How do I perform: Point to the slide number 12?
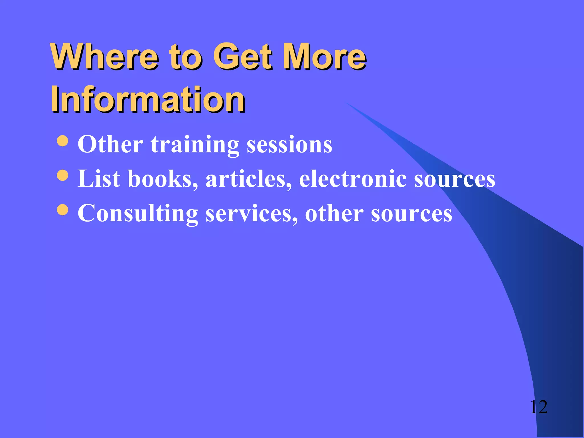pos(539,407)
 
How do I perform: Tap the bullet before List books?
pos(62,175)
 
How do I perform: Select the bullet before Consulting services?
pos(62,210)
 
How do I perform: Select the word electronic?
pos(353,179)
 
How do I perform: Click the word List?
pos(99,179)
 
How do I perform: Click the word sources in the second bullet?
pos(455,179)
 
